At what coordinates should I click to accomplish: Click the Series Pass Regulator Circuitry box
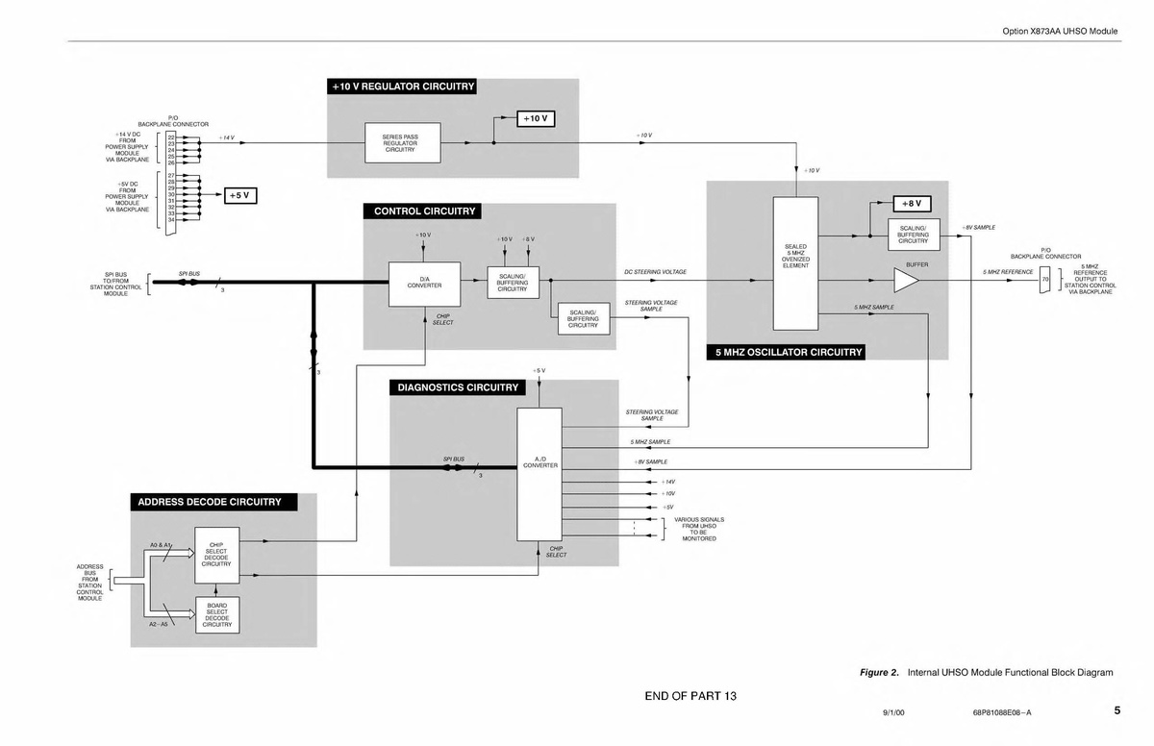coord(400,143)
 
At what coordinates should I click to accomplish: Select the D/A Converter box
coord(424,283)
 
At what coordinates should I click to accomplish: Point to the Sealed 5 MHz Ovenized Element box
coord(795,261)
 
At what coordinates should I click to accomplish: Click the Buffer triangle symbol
coord(905,279)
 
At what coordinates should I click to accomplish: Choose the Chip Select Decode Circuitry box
coord(216,555)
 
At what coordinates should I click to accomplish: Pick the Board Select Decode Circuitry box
coord(216,614)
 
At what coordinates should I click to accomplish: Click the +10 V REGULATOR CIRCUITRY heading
coord(404,87)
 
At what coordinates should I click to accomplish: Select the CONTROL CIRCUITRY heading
coord(424,211)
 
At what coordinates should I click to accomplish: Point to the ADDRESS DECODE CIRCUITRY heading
coord(210,502)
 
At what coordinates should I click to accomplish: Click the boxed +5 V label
coord(239,195)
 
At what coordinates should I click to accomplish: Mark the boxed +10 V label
coord(535,118)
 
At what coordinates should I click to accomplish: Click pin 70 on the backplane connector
coord(1044,280)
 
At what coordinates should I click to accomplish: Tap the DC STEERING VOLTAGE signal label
coord(655,272)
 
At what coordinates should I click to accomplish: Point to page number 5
coord(1117,711)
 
